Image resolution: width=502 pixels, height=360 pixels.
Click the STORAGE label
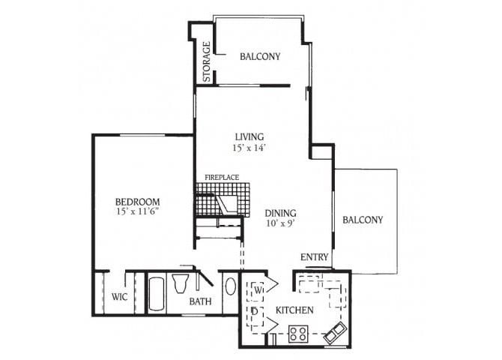click(206, 62)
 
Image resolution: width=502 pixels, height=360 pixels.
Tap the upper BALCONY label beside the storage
click(260, 56)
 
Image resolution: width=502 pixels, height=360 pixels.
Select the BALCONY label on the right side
click(363, 220)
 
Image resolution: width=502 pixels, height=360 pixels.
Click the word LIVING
click(250, 136)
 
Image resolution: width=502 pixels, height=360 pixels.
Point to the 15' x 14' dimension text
click(250, 148)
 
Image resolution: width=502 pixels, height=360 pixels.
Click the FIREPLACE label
click(222, 177)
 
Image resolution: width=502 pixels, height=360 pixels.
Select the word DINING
click(279, 212)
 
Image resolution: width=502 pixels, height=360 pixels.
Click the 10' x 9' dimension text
click(279, 223)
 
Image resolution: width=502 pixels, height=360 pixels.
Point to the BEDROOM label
click(137, 201)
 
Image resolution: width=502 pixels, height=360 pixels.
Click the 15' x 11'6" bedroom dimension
click(137, 212)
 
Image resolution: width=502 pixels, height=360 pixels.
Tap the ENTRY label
click(315, 257)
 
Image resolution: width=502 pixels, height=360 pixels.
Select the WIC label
click(118, 297)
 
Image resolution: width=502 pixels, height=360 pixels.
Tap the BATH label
click(200, 301)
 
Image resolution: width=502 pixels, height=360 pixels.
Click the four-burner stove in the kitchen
click(298, 332)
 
